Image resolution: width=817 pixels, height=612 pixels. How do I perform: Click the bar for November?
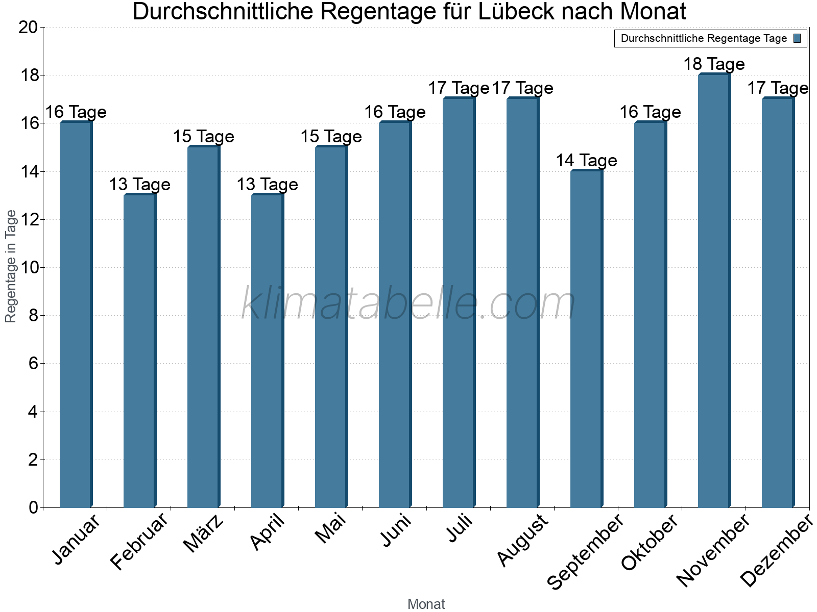tap(714, 291)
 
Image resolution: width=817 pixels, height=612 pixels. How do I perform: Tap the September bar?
tap(586, 339)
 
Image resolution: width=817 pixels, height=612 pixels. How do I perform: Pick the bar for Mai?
tap(331, 326)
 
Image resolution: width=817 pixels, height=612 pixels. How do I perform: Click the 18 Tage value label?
tap(714, 64)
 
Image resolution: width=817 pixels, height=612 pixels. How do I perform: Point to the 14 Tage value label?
tap(586, 161)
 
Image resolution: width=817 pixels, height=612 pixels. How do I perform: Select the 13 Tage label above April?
tap(267, 185)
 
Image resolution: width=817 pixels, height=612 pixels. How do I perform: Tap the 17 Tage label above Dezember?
tap(778, 88)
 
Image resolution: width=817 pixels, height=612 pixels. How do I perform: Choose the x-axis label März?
tap(204, 533)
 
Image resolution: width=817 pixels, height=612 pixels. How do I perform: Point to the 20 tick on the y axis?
tap(28, 27)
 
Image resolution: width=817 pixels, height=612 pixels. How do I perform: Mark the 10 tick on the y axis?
tap(28, 267)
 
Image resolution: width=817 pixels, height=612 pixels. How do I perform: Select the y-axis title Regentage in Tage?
tap(11, 266)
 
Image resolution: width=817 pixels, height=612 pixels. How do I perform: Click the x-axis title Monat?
tap(426, 604)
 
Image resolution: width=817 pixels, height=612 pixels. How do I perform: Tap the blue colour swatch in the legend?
tap(798, 38)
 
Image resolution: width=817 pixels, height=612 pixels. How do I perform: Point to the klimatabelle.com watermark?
tap(408, 303)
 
